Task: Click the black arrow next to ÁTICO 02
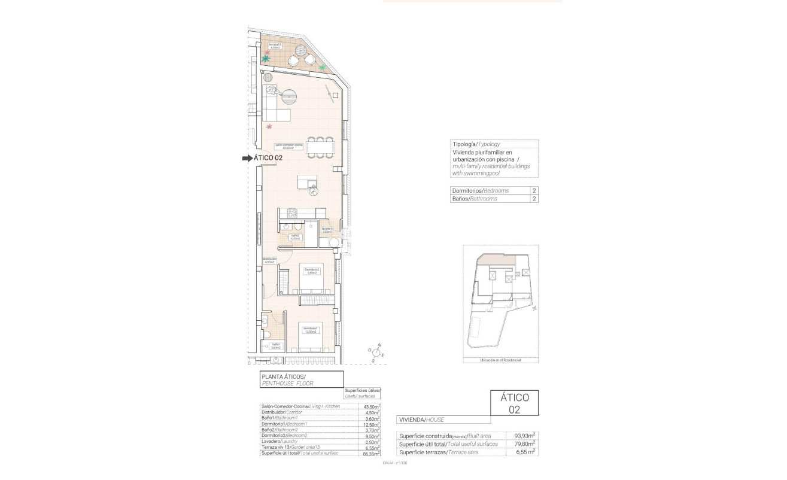(x=246, y=159)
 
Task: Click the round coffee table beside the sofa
(x=290, y=96)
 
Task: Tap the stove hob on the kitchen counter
(x=293, y=212)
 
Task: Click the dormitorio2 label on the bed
(x=312, y=271)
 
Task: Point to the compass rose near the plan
(x=378, y=353)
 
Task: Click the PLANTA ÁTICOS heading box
(x=301, y=379)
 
